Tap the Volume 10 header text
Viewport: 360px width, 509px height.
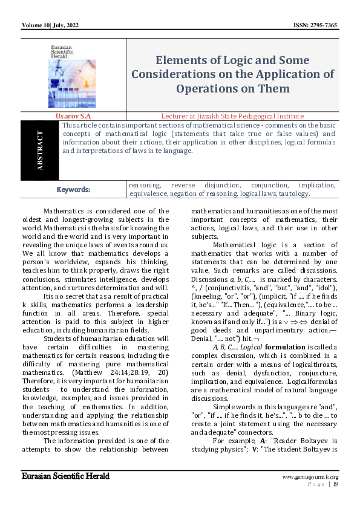(36, 25)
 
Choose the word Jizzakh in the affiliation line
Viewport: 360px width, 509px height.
(212, 115)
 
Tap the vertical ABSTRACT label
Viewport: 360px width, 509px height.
(41, 151)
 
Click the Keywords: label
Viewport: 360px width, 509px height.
(73, 189)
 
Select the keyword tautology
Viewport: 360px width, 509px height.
(293, 194)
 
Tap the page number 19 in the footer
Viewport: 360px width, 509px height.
(335, 484)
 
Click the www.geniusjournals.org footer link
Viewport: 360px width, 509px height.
(310, 477)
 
